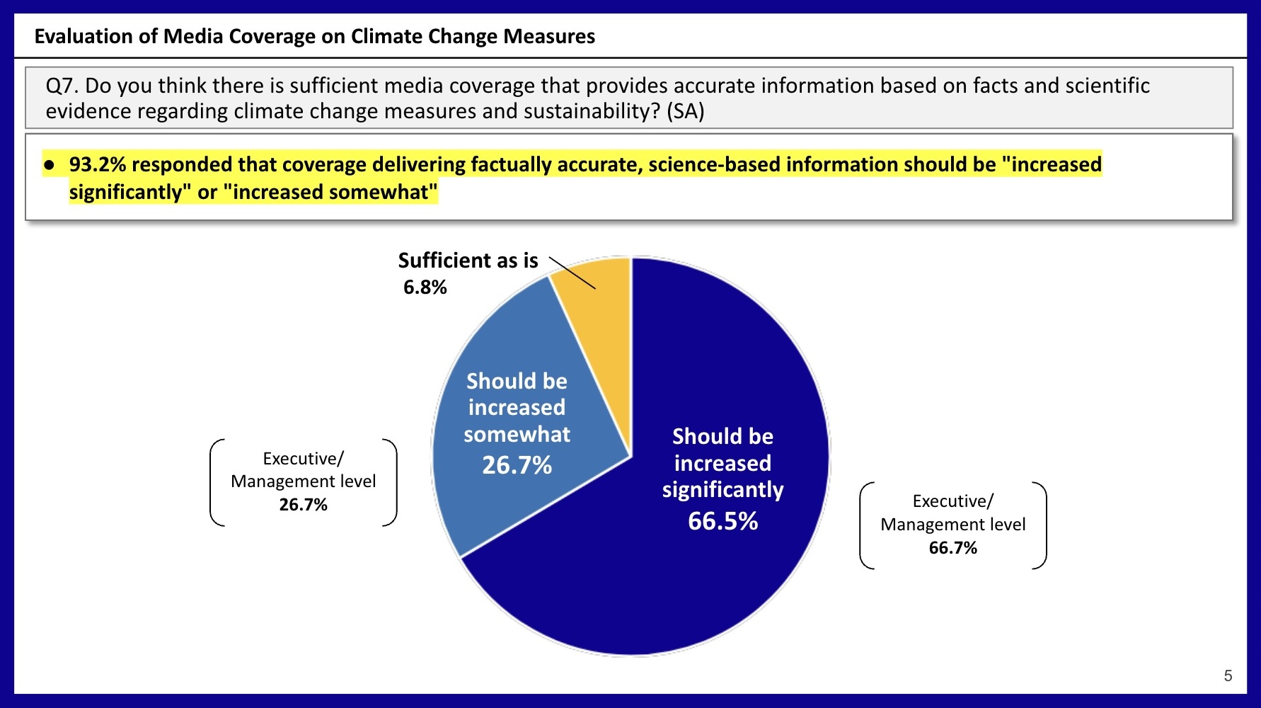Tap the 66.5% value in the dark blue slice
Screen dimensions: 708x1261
(x=722, y=521)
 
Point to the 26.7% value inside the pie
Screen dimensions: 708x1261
(x=517, y=465)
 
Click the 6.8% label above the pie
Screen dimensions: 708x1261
(x=425, y=287)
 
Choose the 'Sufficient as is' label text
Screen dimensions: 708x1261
(x=468, y=261)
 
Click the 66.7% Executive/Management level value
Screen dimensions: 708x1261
(x=952, y=548)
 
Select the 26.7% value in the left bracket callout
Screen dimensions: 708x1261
(x=303, y=505)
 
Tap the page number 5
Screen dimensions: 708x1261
(x=1228, y=675)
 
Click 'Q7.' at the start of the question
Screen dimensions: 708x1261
(x=62, y=86)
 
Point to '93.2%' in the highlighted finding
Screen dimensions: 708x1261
(x=97, y=165)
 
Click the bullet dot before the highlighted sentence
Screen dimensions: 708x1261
(x=49, y=165)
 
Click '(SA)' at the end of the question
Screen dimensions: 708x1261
(x=685, y=112)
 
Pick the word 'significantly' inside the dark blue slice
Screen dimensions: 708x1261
(x=722, y=490)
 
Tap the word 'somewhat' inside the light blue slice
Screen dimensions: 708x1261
(x=517, y=434)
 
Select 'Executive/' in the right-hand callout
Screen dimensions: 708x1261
(x=952, y=501)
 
